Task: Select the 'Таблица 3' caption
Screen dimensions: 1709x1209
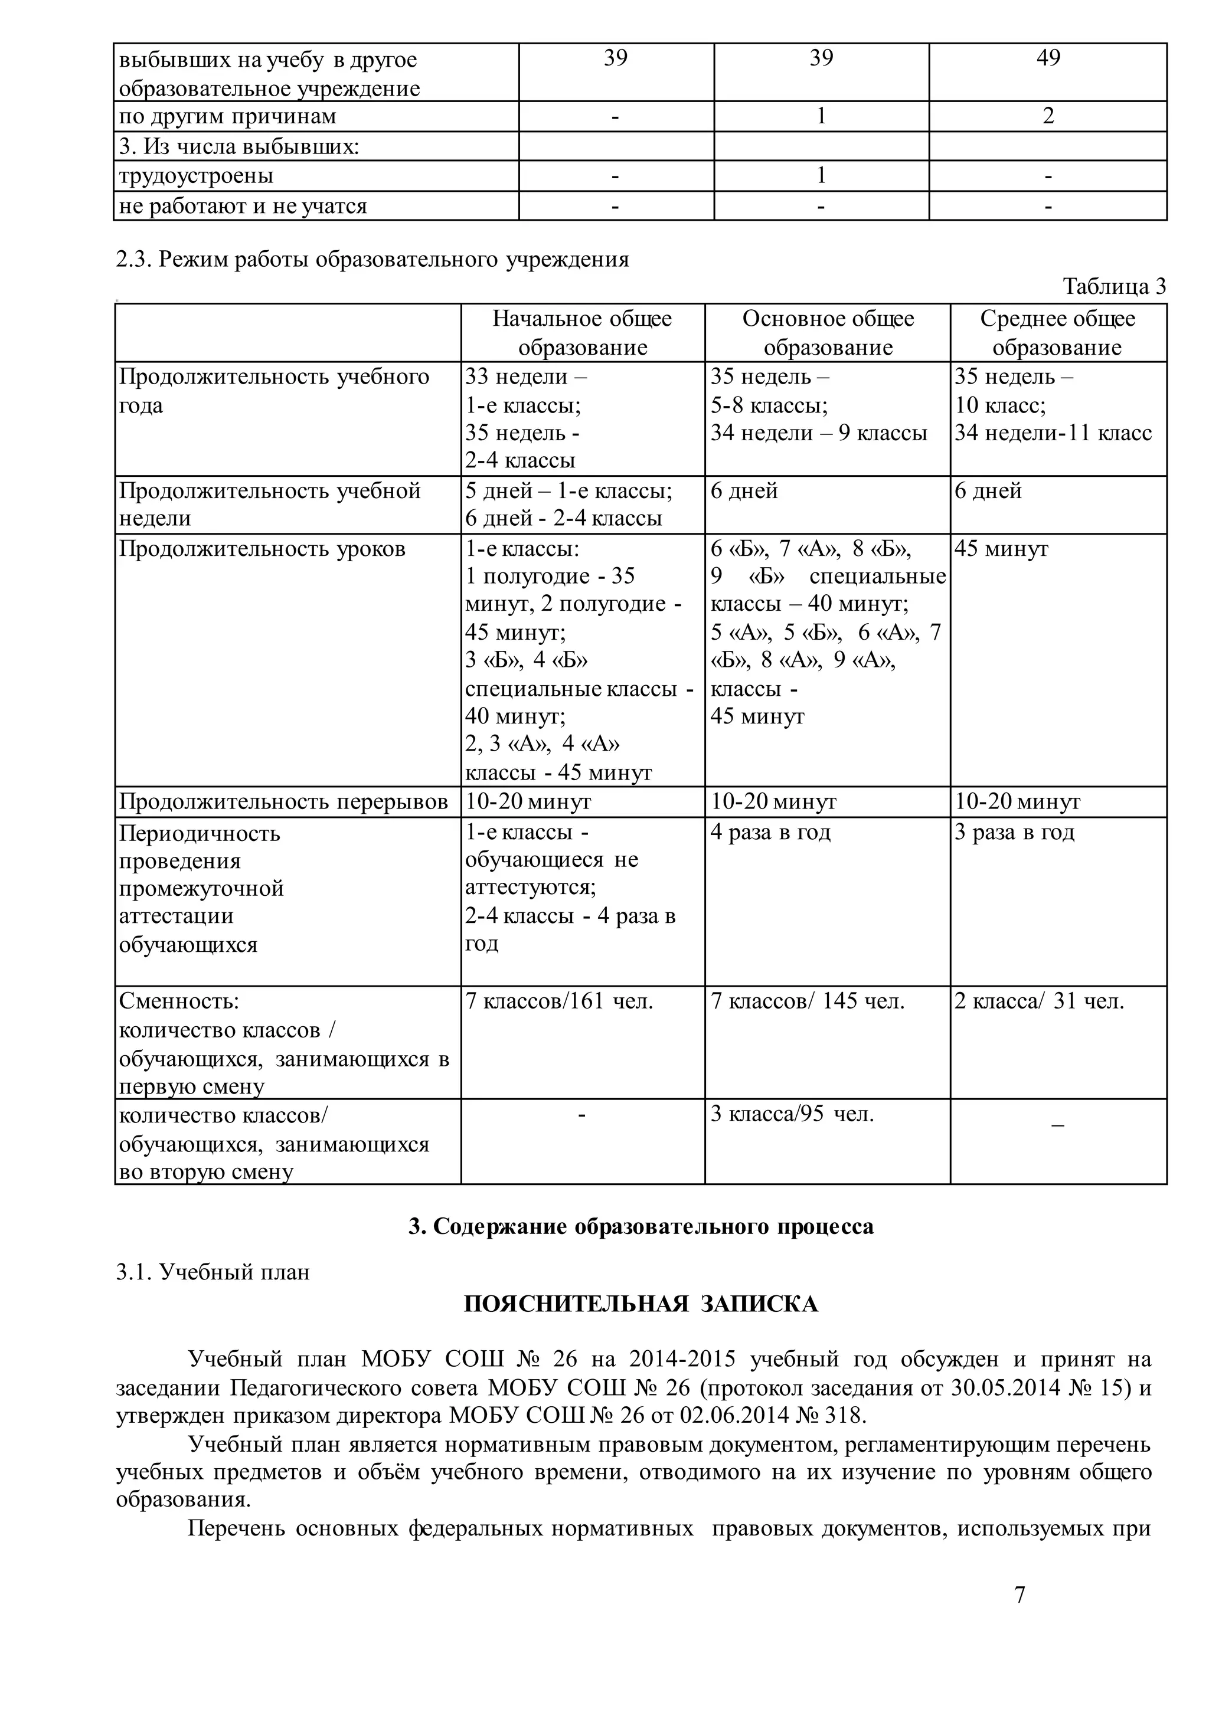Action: tap(1114, 287)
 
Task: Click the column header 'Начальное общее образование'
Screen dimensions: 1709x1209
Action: tap(582, 333)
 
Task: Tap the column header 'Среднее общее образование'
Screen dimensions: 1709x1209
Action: tap(1057, 333)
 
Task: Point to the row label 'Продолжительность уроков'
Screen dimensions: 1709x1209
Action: tap(262, 549)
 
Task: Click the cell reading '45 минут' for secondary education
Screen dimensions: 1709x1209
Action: tap(1001, 549)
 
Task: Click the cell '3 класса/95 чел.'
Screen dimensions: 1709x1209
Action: tap(792, 1114)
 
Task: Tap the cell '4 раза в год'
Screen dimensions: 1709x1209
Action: tap(770, 832)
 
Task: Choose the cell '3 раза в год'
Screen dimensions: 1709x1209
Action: tap(1014, 832)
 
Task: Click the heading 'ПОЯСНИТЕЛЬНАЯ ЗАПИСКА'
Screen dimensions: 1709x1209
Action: tap(641, 1304)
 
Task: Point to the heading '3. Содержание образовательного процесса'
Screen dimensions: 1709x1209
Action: tap(641, 1227)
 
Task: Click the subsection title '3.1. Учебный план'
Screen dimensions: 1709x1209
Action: tap(213, 1272)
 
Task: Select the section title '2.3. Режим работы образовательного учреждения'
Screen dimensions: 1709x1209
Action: tap(372, 260)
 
